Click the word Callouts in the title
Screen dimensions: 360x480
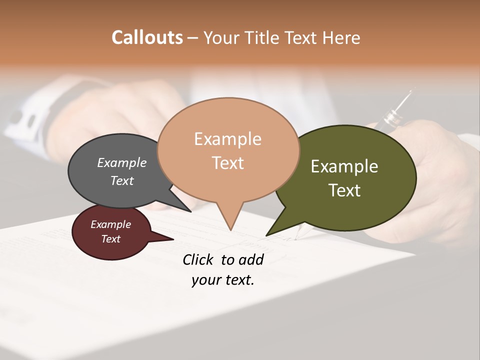click(147, 37)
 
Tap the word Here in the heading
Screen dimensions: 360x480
click(341, 37)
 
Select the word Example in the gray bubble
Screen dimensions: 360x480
click(122, 162)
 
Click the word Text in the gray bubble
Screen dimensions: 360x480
click(122, 180)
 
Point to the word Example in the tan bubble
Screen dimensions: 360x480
click(227, 138)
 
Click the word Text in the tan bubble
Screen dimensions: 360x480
click(227, 162)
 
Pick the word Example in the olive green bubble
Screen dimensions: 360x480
click(344, 166)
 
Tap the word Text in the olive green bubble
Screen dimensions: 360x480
click(344, 190)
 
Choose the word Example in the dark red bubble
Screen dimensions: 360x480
click(110, 224)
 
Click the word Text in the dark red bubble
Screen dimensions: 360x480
click(110, 239)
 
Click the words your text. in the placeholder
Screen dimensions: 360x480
click(222, 280)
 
